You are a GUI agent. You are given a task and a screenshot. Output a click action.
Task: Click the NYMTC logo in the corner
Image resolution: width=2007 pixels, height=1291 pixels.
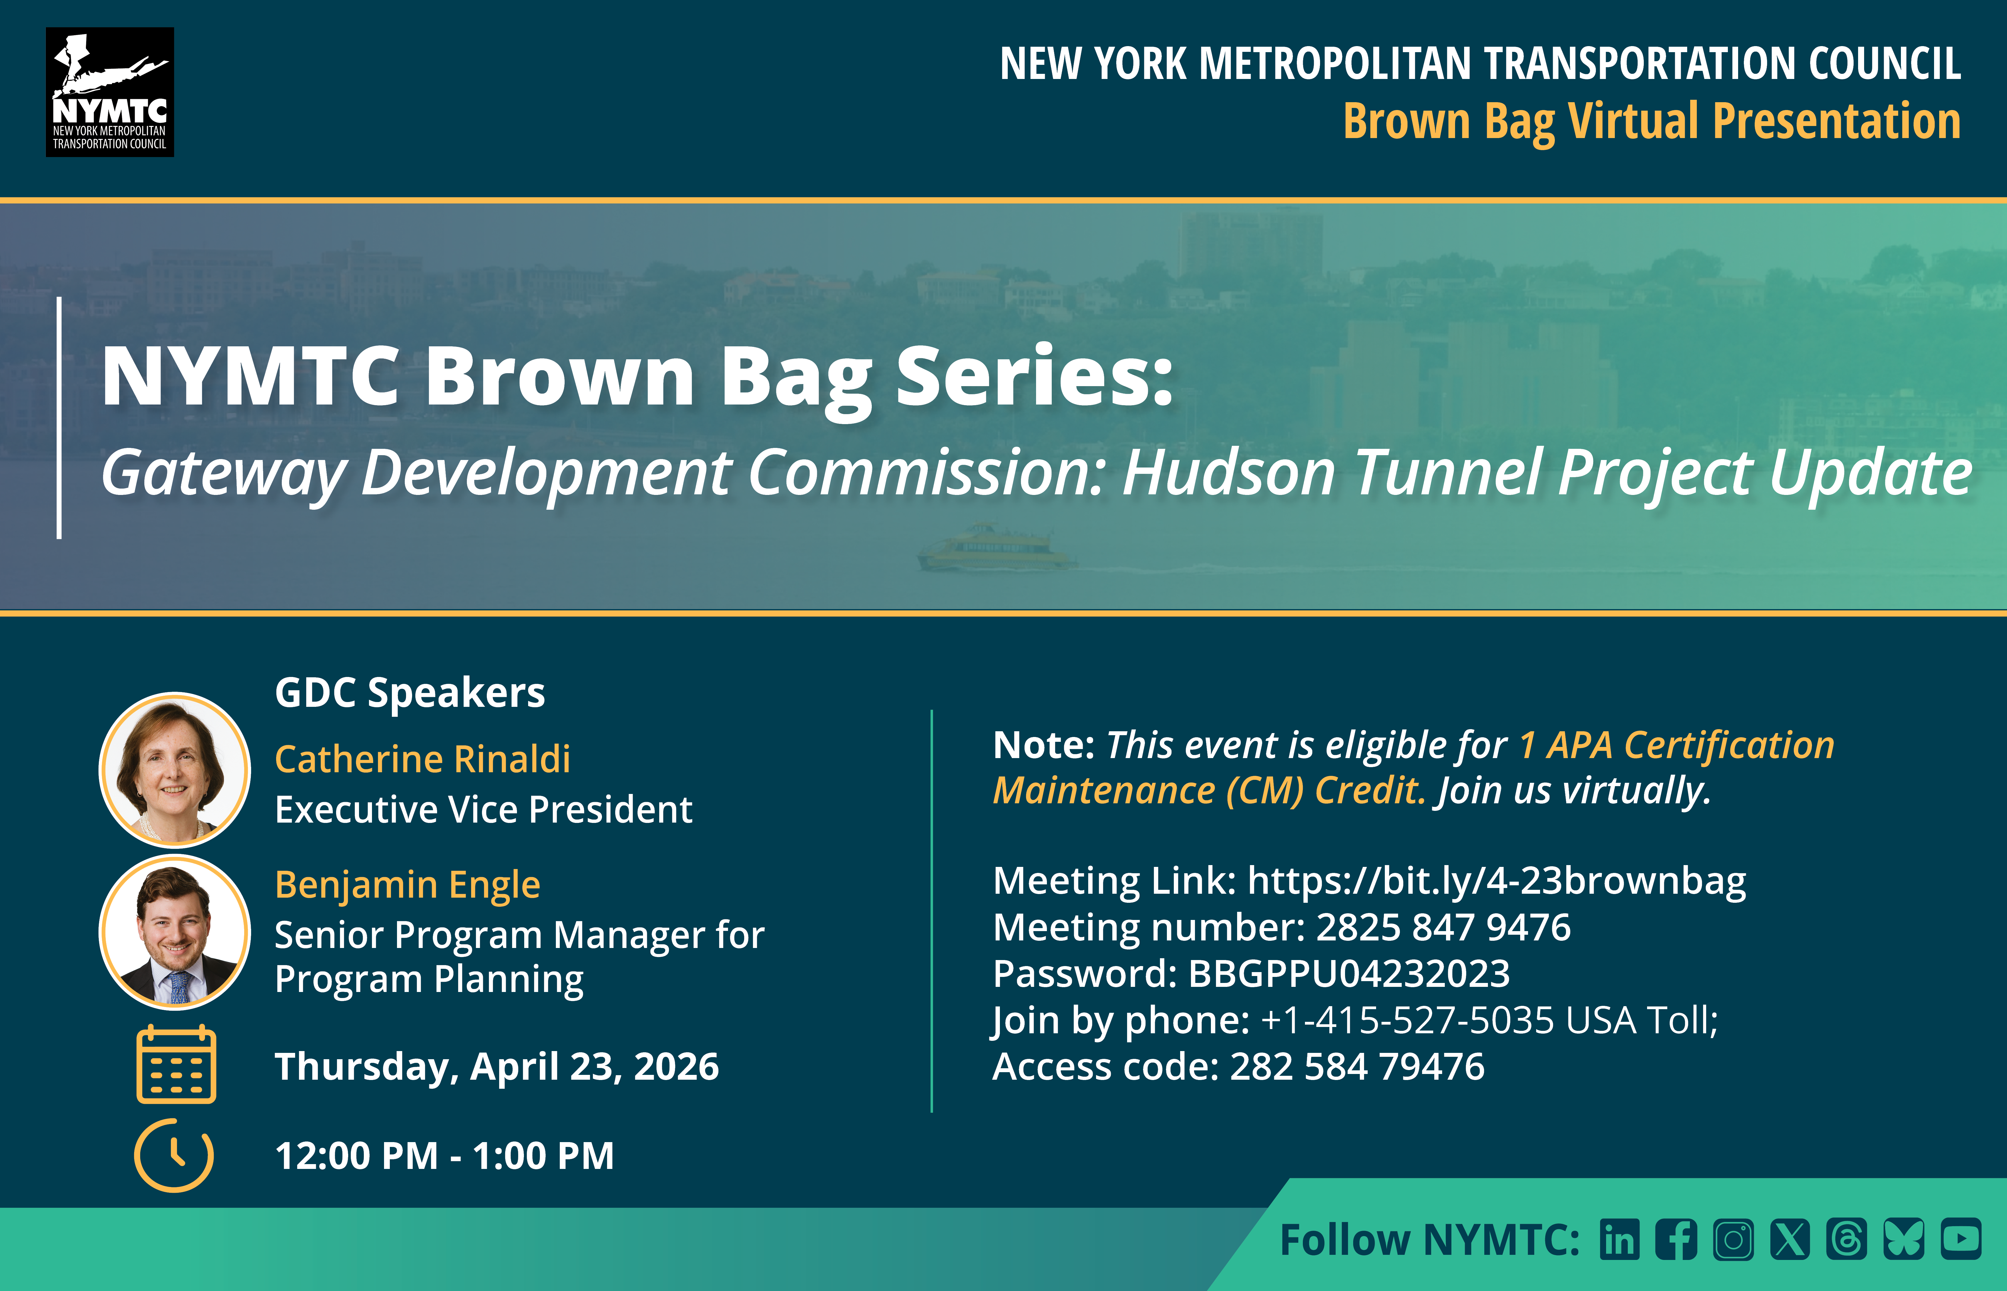point(110,92)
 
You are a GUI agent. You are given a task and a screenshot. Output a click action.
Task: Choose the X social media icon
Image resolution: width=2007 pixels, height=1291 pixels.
point(1790,1239)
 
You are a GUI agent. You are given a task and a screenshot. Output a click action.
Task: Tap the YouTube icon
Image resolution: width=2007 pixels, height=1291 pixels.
point(1961,1239)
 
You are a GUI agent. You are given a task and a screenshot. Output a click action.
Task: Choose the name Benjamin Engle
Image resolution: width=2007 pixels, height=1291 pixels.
point(408,884)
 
